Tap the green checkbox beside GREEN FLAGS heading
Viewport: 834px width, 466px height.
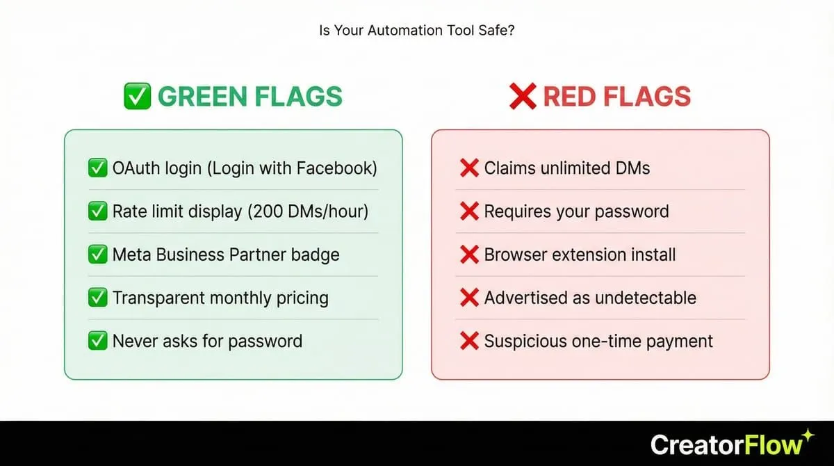click(x=137, y=97)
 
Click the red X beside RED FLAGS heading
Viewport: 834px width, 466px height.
click(x=523, y=97)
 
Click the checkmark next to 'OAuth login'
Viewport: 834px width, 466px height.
click(x=97, y=168)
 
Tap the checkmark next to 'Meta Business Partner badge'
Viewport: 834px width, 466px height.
click(x=97, y=255)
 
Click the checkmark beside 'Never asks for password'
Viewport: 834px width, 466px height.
click(x=97, y=341)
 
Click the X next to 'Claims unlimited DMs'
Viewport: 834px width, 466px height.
click(x=470, y=168)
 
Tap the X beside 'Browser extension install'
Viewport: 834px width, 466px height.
click(x=470, y=255)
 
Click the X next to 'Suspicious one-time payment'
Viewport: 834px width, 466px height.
click(x=470, y=341)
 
